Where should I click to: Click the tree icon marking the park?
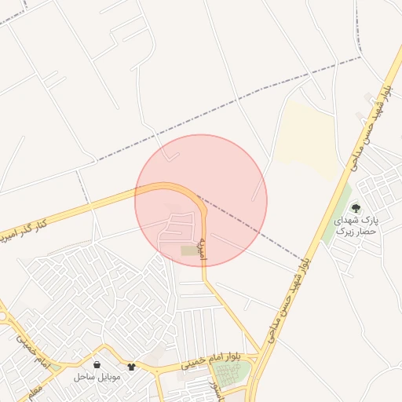356,209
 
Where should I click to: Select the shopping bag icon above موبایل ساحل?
97,366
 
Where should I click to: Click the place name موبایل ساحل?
97,378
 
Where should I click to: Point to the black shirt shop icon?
131,366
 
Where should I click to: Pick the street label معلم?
31,390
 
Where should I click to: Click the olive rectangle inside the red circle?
190,250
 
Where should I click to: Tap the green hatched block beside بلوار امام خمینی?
232,374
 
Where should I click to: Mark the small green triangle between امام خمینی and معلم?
55,367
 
